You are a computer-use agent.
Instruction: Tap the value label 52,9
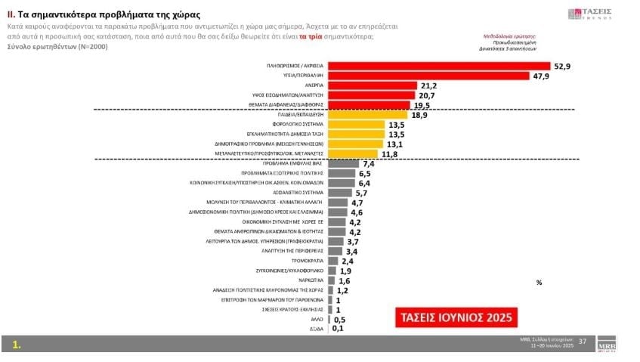tap(561, 67)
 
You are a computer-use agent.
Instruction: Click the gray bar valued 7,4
tap(342, 163)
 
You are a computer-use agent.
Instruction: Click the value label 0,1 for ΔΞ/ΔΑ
tap(338, 328)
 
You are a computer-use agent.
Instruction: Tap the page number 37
tap(582, 342)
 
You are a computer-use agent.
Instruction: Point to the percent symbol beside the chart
tap(539, 283)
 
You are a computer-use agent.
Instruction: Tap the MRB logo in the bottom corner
tap(607, 342)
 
